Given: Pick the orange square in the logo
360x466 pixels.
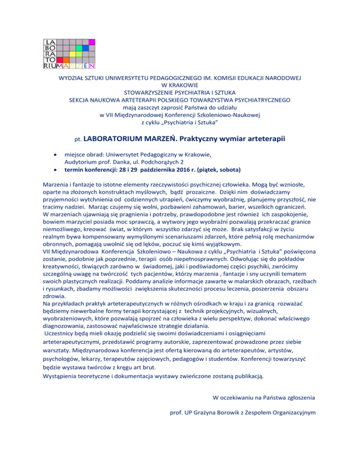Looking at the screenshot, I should pyautogui.click(x=66, y=60).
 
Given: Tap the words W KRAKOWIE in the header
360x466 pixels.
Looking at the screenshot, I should pyautogui.click(x=180, y=85).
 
